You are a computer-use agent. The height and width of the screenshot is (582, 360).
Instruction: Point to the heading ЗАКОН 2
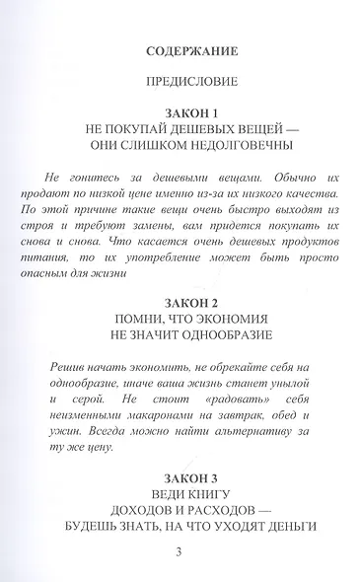coord(180,300)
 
